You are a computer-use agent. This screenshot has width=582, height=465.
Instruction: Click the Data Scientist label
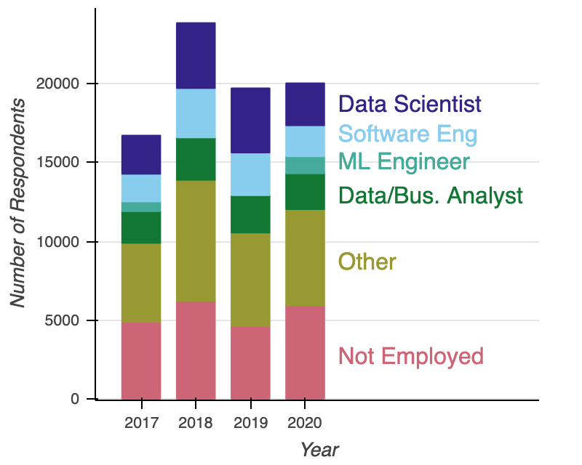click(410, 104)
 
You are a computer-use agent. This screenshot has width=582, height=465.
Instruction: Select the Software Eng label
click(408, 134)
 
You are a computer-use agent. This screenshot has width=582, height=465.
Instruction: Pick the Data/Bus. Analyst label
click(431, 195)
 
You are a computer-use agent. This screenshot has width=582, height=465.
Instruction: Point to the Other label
click(367, 262)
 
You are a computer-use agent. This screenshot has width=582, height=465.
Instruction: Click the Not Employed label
click(411, 356)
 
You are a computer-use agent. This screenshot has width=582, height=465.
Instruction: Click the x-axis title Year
click(319, 449)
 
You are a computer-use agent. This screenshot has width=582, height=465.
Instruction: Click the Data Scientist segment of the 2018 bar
click(196, 56)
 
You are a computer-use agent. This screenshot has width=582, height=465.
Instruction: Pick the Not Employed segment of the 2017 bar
click(141, 360)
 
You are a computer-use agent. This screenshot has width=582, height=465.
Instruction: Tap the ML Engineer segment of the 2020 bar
click(305, 166)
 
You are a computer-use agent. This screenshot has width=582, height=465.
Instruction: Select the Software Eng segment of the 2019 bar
click(250, 174)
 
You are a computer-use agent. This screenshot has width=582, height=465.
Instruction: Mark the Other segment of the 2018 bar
click(196, 240)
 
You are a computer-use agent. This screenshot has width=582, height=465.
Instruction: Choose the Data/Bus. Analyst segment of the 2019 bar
click(250, 214)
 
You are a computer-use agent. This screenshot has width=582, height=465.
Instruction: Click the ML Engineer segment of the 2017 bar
click(141, 207)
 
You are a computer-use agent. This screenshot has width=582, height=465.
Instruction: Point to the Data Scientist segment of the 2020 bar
click(305, 105)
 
